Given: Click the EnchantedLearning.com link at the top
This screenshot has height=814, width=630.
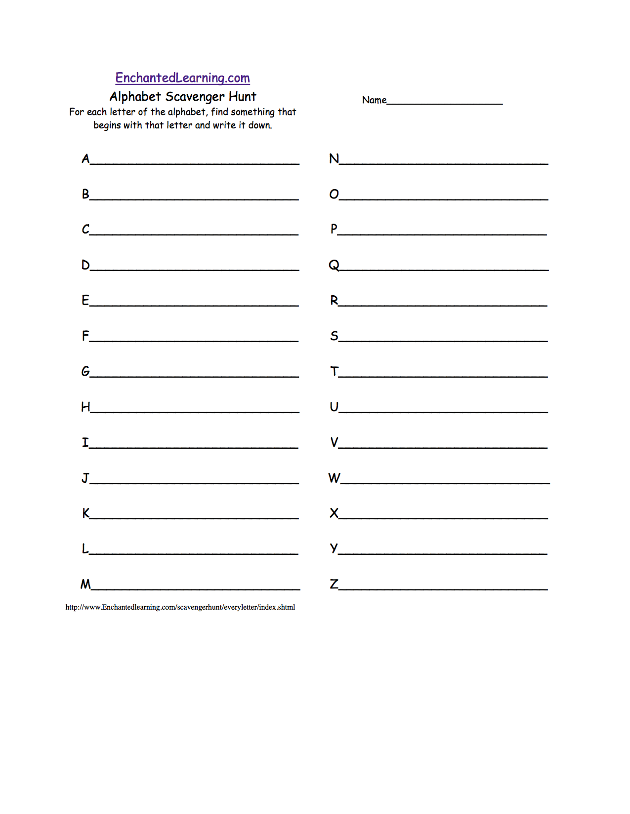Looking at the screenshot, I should (182, 78).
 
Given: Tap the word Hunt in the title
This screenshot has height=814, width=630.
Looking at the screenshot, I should (242, 96).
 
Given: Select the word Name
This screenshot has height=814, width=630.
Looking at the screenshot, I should (374, 100).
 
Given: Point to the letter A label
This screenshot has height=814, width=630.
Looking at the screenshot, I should (85, 159).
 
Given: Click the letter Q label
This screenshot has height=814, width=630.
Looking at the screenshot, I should (334, 266).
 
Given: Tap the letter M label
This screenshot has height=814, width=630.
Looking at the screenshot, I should (85, 584).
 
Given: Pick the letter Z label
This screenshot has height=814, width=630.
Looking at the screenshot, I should (334, 584).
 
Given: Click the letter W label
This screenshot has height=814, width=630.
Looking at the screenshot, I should (334, 478).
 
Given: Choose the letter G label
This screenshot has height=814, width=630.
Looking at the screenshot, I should (85, 371).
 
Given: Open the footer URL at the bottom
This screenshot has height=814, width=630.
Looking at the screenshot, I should (180, 607).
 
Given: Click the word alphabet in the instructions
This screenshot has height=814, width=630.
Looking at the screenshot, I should (187, 112).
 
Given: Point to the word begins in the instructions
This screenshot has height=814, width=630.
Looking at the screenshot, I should (107, 125).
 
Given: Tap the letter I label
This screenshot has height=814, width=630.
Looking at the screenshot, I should (85, 442).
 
